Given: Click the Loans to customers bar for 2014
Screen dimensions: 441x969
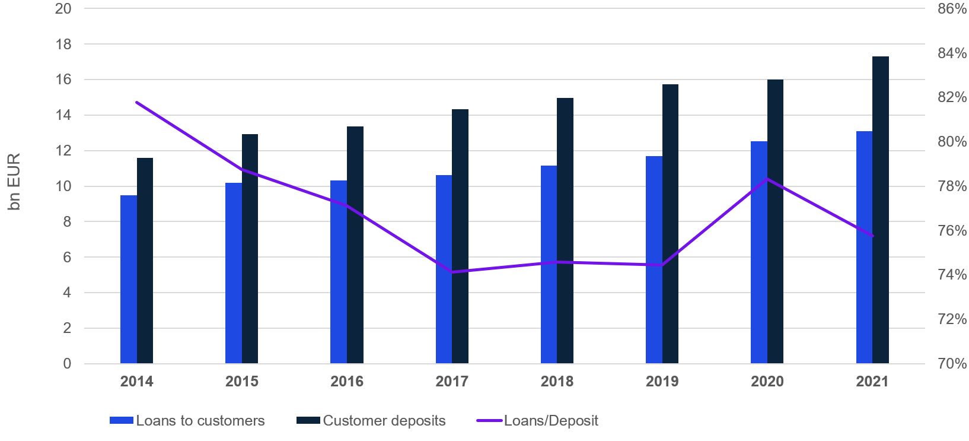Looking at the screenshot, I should click(129, 279).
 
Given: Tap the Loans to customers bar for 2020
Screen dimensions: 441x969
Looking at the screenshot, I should click(759, 252).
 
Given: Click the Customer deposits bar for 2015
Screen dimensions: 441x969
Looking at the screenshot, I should click(250, 249).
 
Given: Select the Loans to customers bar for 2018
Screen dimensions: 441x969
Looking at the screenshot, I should click(549, 264).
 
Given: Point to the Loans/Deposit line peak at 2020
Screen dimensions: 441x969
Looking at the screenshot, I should click(767, 179).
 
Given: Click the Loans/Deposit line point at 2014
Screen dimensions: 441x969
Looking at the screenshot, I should click(137, 102).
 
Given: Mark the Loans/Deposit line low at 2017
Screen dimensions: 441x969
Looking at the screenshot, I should click(452, 272).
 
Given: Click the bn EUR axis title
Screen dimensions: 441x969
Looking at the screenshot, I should click(14, 182).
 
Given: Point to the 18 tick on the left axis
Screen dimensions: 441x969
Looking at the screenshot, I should click(63, 45).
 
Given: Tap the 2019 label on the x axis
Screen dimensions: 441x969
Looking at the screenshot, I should click(662, 381).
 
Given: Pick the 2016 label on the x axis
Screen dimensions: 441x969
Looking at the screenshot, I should click(347, 381).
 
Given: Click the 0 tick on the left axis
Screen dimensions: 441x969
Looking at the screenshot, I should click(67, 363).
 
